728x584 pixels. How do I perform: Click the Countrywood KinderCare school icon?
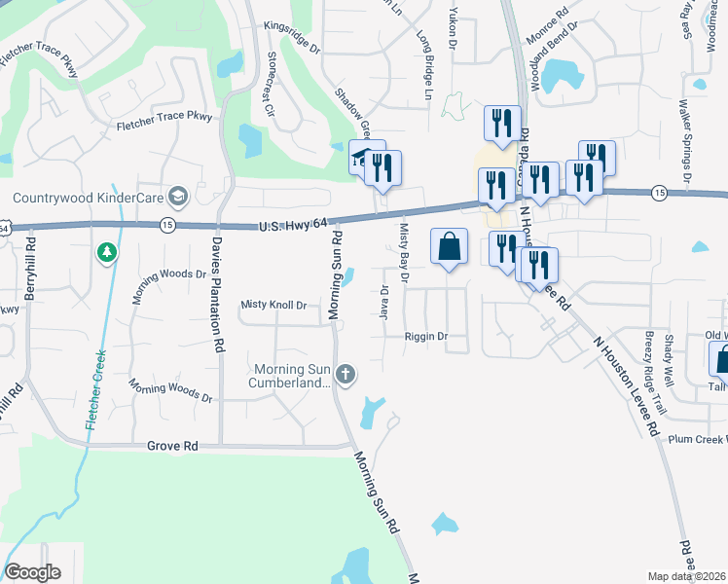(x=177, y=198)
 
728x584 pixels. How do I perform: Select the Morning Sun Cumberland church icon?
(x=346, y=374)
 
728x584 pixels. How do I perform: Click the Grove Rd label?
(x=172, y=446)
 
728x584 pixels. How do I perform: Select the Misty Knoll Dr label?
(x=273, y=306)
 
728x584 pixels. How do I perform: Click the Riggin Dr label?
(x=425, y=337)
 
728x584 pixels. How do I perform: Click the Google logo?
(x=31, y=572)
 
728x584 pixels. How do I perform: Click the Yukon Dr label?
(x=452, y=24)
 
